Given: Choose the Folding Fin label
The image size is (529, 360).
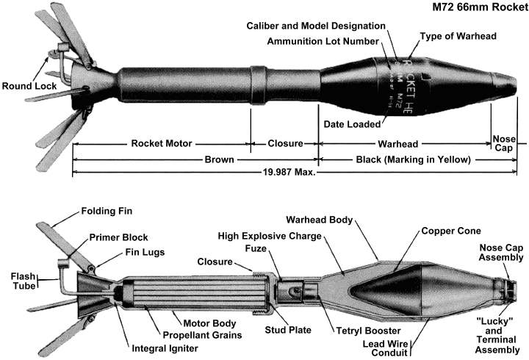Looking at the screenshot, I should click(x=104, y=212).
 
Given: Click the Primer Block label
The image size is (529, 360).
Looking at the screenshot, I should click(x=119, y=237).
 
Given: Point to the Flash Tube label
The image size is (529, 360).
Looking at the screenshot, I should click(x=21, y=283).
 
